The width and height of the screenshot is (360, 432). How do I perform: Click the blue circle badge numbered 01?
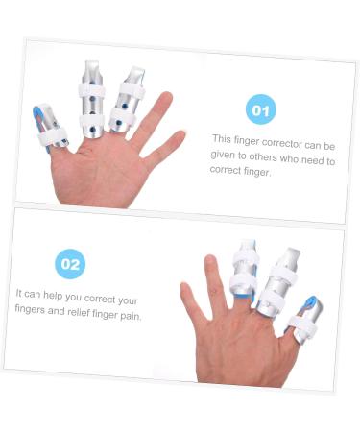click(x=259, y=109)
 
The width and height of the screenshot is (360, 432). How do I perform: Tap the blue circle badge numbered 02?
click(x=70, y=262)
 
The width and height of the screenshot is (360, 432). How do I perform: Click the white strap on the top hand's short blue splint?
click(x=50, y=139)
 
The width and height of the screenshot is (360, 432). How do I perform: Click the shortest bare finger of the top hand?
click(x=165, y=152)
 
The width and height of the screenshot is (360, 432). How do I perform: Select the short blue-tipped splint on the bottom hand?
click(x=304, y=318)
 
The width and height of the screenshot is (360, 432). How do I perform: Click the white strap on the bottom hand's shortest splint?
click(x=300, y=326)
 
